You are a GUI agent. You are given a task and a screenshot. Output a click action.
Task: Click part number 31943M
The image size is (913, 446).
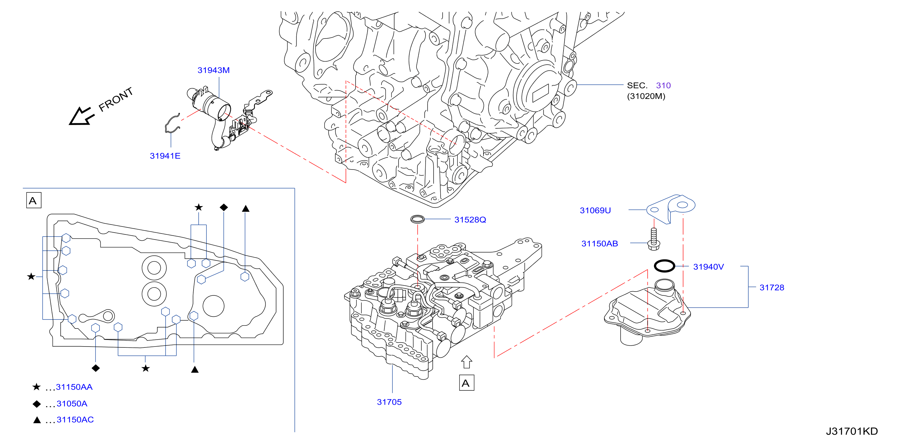213,70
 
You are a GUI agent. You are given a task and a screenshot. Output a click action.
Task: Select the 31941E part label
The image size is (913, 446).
165,156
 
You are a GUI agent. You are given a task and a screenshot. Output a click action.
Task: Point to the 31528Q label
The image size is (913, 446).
470,220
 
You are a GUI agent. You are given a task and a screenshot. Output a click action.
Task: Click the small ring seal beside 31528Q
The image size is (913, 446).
417,219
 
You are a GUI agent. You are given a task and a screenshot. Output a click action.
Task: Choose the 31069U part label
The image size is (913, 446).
595,211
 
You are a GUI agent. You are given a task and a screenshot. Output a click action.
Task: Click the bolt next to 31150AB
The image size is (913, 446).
654,239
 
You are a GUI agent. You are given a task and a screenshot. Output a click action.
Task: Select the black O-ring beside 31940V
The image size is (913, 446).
664,266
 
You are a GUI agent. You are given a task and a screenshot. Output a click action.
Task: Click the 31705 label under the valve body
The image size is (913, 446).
389,402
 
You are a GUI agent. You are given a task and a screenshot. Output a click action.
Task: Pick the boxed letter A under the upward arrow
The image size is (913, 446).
466,383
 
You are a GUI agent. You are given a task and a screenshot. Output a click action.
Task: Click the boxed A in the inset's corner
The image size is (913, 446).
34,200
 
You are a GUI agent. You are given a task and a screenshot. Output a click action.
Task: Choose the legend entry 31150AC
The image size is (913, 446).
75,420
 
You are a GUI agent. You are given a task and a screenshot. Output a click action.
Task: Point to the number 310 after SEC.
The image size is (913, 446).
663,85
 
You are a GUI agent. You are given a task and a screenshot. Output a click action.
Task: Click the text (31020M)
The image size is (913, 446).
646,96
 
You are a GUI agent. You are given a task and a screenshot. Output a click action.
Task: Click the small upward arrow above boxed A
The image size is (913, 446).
466,362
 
